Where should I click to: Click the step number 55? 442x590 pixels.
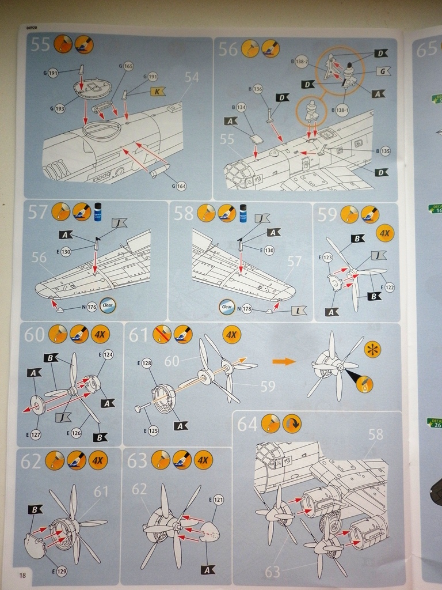click(41, 44)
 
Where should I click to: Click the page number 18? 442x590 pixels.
click(22, 575)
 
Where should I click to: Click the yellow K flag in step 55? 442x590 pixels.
click(158, 91)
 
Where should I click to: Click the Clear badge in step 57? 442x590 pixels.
click(108, 305)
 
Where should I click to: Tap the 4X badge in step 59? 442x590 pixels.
click(384, 233)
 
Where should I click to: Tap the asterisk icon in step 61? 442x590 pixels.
click(372, 350)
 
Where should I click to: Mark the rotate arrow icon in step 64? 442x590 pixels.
click(293, 424)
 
